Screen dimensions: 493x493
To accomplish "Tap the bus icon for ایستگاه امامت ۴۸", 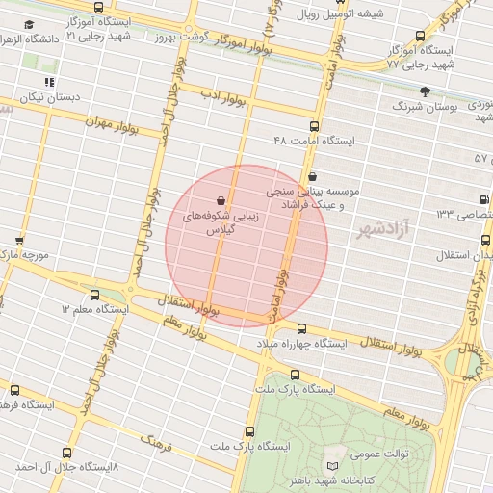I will coord(313,126).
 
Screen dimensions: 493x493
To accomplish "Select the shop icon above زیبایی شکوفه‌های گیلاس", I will coord(222,199).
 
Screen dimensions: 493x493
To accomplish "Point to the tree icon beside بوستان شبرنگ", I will coord(425,91).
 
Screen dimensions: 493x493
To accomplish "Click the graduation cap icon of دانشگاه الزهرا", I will coord(30,24).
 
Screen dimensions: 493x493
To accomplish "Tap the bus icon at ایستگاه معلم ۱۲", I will coord(94,295).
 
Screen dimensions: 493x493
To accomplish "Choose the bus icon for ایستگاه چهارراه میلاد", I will coord(301,328).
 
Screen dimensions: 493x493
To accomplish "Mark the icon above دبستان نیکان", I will coord(49,83).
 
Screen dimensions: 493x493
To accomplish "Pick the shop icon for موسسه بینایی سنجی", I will coord(314,176).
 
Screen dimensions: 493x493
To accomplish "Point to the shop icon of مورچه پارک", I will coord(19,240).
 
